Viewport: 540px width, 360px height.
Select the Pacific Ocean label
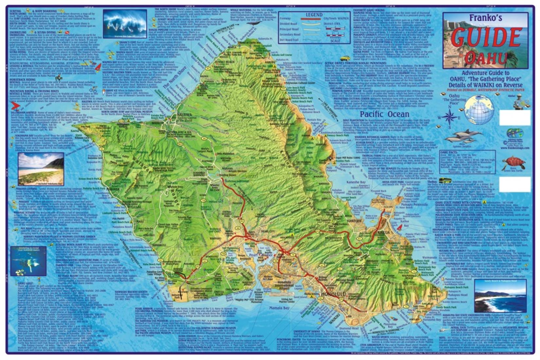coord(385,114)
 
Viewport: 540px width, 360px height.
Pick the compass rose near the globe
coord(450,116)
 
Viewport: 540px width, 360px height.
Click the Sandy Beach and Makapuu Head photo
coord(500,296)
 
